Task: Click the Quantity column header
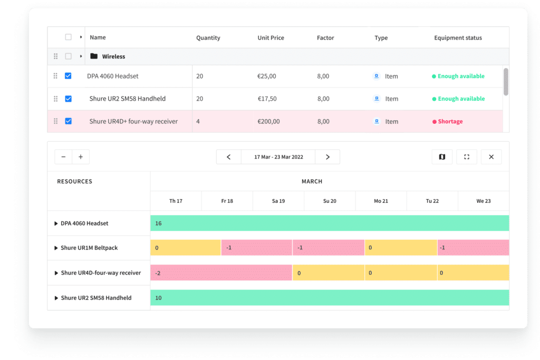coord(208,38)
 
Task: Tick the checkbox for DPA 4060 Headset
coord(68,76)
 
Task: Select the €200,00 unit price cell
coord(268,122)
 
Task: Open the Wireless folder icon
coord(94,56)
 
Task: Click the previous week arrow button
coord(229,157)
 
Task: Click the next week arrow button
coord(327,157)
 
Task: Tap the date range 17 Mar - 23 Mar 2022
coord(278,157)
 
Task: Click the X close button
coord(491,157)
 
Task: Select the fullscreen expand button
coord(467,157)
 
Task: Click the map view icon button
coord(442,157)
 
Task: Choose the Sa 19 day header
coord(278,201)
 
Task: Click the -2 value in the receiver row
coord(158,273)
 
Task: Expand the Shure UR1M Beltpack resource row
coord(56,248)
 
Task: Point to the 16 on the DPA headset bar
coord(158,223)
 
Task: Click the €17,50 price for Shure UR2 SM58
coord(267,99)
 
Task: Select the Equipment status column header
coord(458,38)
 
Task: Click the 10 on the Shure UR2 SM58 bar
coord(158,298)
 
